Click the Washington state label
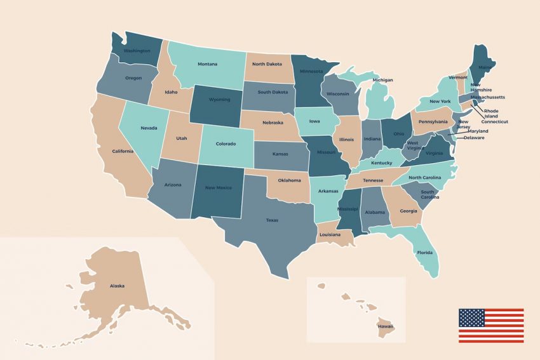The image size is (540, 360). [137, 51]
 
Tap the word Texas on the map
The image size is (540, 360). [272, 220]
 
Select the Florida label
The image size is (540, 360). [424, 252]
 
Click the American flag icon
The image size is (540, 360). [491, 326]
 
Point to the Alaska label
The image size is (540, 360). [117, 286]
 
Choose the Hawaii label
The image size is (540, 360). [386, 326]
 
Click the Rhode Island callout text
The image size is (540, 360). [491, 114]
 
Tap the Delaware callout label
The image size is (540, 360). [473, 138]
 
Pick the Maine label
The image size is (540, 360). [484, 68]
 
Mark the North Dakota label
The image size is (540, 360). [267, 64]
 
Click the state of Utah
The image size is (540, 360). [182, 138]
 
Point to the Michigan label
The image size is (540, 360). [382, 81]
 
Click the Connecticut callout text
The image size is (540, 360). [494, 122]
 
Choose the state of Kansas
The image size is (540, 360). [281, 154]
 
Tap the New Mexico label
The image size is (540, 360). [219, 188]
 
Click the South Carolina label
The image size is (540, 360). [428, 194]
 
